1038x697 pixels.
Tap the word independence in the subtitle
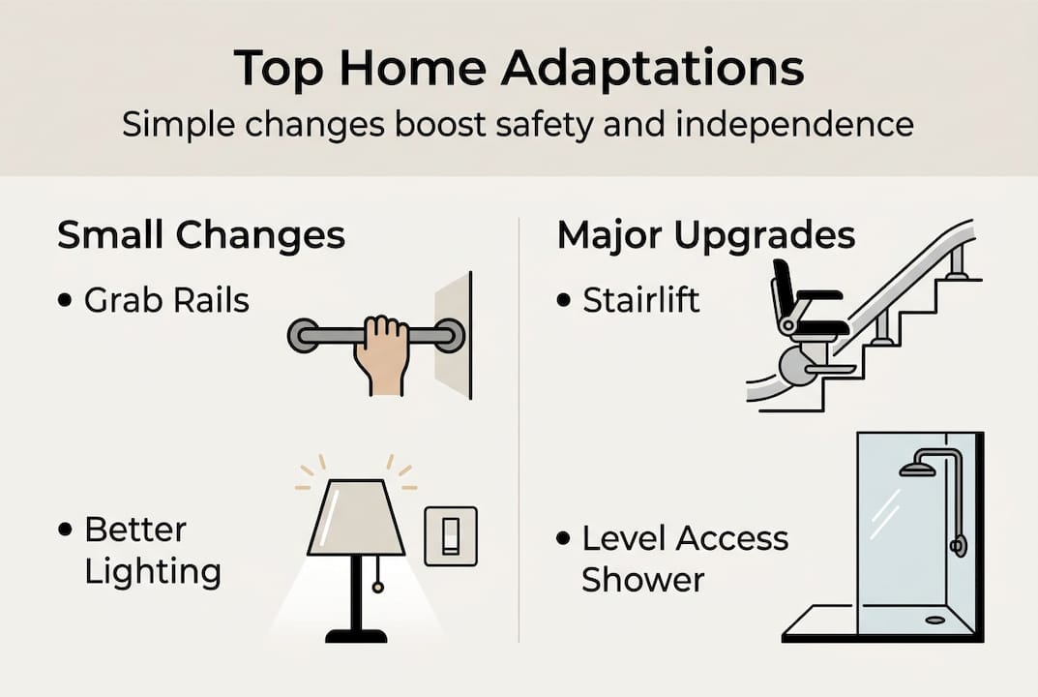click(x=794, y=124)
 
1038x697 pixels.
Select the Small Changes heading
click(x=201, y=235)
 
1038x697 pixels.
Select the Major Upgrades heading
click(x=706, y=236)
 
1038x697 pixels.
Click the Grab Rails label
click(x=166, y=300)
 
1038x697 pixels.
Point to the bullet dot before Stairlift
click(x=563, y=300)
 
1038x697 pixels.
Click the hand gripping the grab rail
click(x=381, y=355)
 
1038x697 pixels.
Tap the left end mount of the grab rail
click(x=303, y=335)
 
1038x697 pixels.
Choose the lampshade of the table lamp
click(x=355, y=518)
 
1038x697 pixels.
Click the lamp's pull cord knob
click(x=377, y=587)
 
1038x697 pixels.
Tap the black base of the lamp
click(x=356, y=636)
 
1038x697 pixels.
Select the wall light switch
click(x=450, y=535)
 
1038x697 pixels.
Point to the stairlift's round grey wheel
click(x=796, y=366)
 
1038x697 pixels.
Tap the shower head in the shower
click(x=914, y=470)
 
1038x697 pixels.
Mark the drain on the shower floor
click(x=934, y=621)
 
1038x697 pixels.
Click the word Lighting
click(x=153, y=572)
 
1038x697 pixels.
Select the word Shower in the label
click(x=642, y=580)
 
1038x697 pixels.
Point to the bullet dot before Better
click(x=65, y=530)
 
